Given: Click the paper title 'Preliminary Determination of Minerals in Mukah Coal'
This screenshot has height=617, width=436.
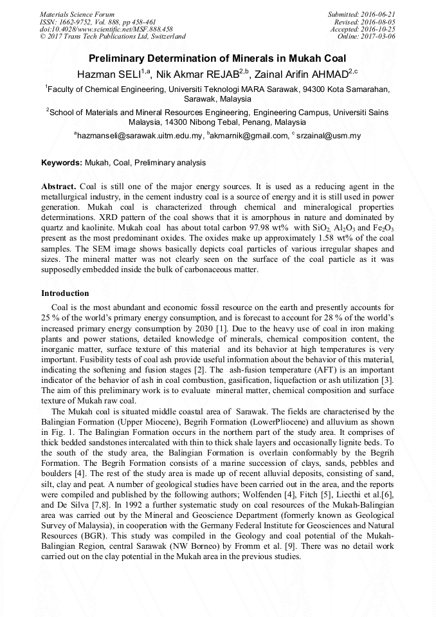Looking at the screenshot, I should tap(217, 58).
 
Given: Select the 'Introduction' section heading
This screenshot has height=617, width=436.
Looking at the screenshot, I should tap(65, 293).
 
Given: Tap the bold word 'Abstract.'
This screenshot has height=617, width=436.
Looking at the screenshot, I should tap(59, 186).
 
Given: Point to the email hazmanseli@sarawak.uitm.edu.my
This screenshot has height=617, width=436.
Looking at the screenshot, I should tap(139, 136).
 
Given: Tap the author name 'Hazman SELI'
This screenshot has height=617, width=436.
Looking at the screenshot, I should tap(110, 73).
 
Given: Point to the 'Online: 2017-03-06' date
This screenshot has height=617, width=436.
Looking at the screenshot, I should tap(366, 36).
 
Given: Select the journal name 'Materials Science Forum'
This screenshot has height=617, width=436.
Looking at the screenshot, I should tap(77, 14).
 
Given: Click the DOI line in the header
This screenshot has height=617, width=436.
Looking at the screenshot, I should tap(106, 29).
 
